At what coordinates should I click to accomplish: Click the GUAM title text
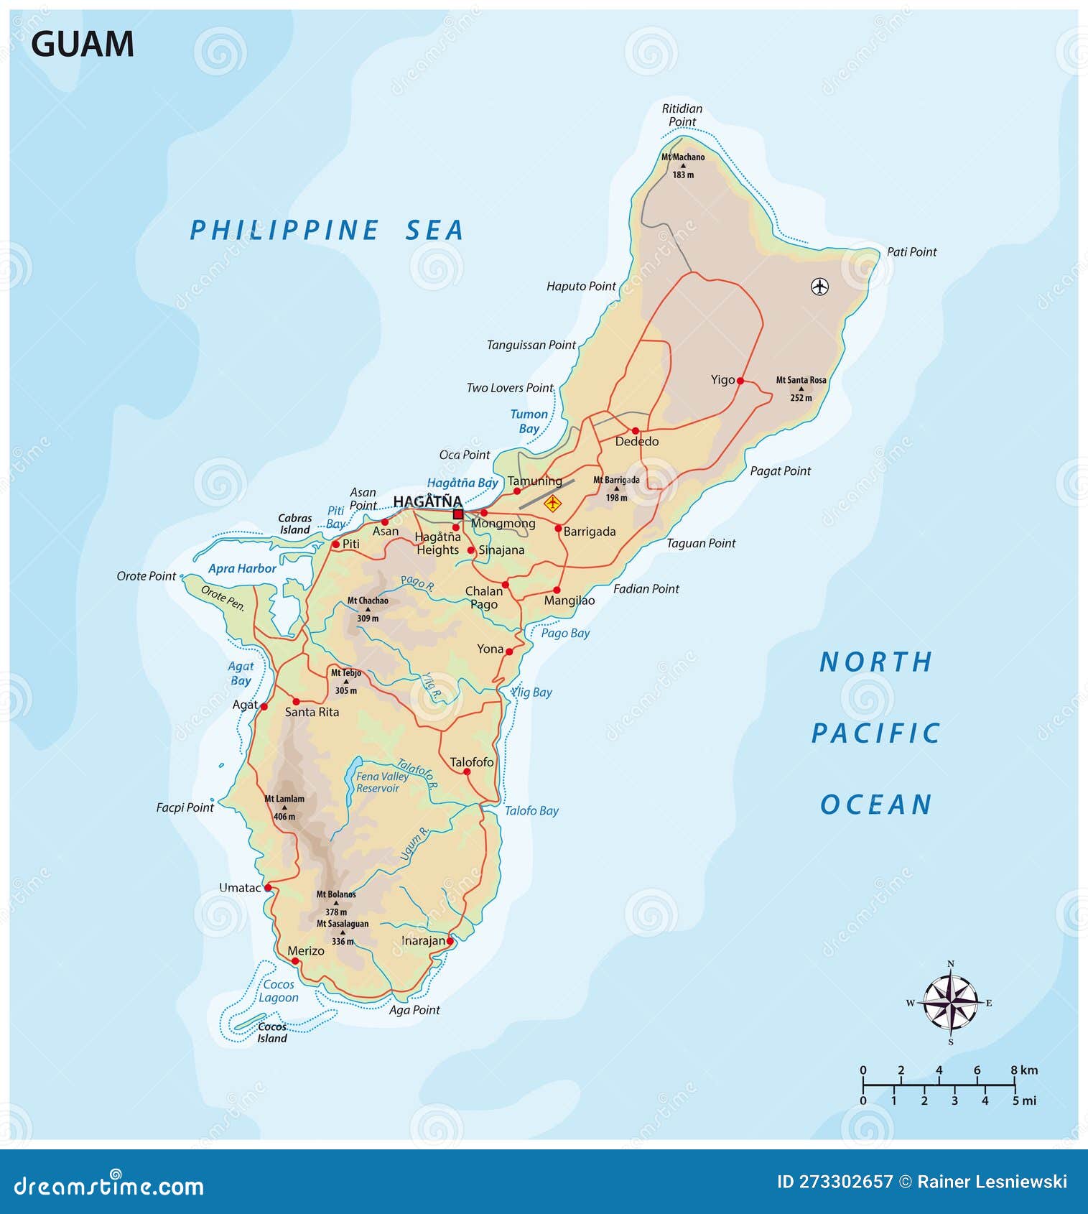[x=82, y=45]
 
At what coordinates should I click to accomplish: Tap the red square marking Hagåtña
[x=458, y=514]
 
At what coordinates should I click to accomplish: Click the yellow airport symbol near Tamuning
[x=552, y=503]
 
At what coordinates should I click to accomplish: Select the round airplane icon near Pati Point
[x=819, y=287]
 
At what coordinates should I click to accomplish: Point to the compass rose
[x=950, y=1002]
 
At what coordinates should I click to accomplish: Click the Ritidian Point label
[x=682, y=115]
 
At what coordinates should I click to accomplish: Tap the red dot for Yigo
[x=740, y=381]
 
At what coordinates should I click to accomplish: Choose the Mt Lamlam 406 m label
[x=284, y=807]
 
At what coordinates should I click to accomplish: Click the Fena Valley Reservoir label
[x=382, y=782]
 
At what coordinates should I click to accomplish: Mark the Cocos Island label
[x=272, y=1032]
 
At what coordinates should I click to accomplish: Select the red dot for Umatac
[x=268, y=888]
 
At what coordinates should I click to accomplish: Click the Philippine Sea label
[x=327, y=231]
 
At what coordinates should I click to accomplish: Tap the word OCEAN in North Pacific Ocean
[x=876, y=805]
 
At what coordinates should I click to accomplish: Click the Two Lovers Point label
[x=510, y=388]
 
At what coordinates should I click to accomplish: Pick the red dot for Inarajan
[x=450, y=940]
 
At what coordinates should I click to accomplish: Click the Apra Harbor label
[x=242, y=568]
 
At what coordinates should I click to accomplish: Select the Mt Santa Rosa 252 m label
[x=801, y=388]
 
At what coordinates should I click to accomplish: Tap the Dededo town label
[x=636, y=441]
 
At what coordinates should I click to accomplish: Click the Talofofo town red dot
[x=467, y=772]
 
